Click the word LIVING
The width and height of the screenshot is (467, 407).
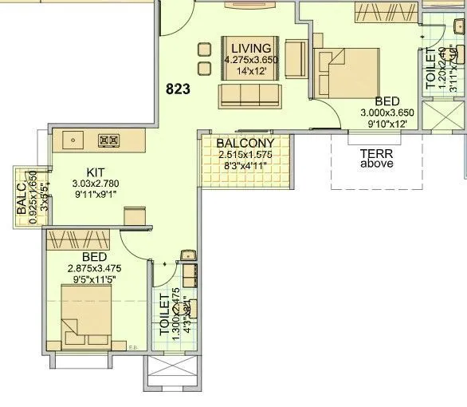tap(252, 47)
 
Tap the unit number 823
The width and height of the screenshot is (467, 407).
tap(179, 89)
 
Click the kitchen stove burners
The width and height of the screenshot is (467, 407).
tap(108, 140)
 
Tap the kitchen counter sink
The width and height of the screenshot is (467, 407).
tap(73, 140)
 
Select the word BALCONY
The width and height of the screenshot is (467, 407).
tap(245, 144)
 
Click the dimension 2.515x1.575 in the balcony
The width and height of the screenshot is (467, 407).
tap(245, 156)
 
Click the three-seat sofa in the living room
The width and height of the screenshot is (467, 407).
tap(249, 96)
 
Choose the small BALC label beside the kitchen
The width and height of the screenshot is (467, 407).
tap(22, 200)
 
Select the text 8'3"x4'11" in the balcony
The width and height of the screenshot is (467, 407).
tap(245, 167)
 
